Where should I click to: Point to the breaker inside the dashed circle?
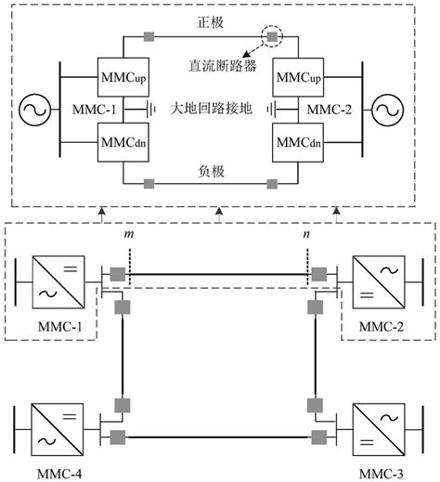tap(273, 38)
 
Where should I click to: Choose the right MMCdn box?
tap(296, 145)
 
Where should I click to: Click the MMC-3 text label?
tap(382, 475)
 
